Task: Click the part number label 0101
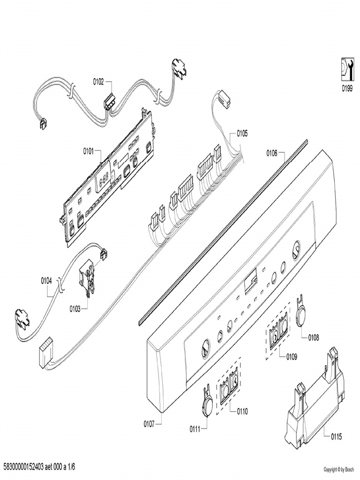pos(89,151)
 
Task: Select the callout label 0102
pos(98,82)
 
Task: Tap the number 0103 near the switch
pos(75,308)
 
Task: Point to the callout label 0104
pos(46,281)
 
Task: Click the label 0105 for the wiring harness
pos(242,133)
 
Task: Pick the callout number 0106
pos(272,152)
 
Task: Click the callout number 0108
pos(314,337)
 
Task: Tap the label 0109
pos(291,356)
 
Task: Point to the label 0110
pos(242,412)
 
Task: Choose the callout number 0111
pos(195,428)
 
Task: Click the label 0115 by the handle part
pos(336,436)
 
